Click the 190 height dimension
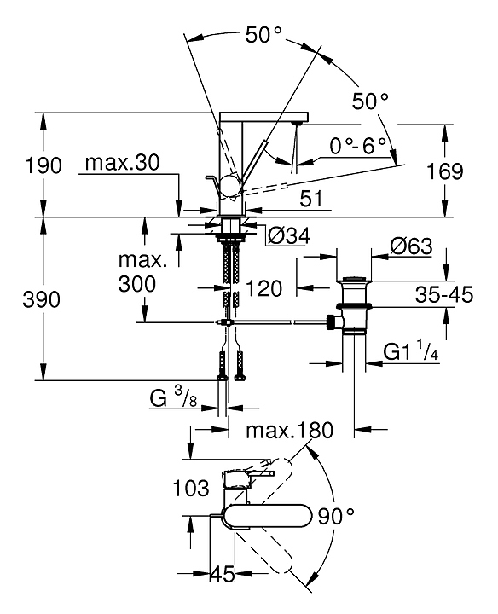point(43,165)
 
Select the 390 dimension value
point(42,299)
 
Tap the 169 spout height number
point(444,171)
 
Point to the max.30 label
point(123,162)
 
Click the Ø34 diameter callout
point(290,235)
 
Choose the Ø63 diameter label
point(411,246)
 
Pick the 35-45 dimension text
point(444,294)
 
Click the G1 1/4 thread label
point(410,350)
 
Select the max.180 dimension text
point(289,430)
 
